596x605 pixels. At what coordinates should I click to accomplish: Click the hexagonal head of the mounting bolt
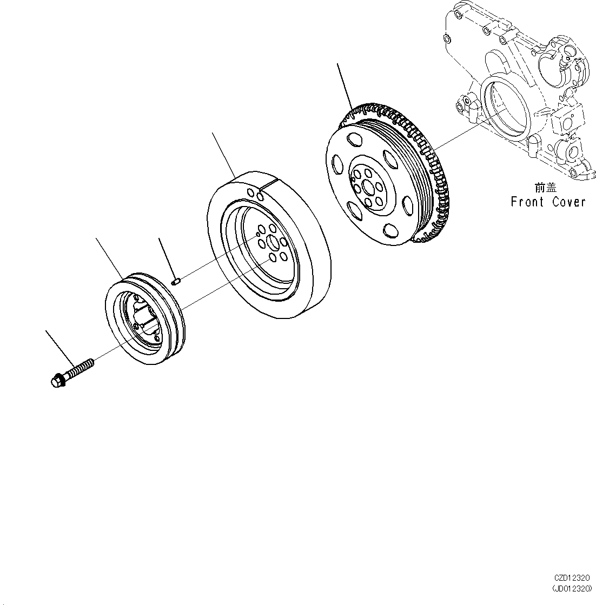(56, 381)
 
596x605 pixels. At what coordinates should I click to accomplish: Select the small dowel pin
(175, 281)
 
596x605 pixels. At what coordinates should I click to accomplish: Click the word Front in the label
(528, 202)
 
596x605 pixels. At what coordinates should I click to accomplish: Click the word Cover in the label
(569, 202)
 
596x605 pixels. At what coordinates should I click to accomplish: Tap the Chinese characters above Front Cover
(545, 188)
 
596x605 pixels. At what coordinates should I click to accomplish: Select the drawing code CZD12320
(572, 577)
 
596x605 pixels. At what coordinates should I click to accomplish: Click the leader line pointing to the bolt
(59, 347)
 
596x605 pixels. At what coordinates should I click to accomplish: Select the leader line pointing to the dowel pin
(165, 257)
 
